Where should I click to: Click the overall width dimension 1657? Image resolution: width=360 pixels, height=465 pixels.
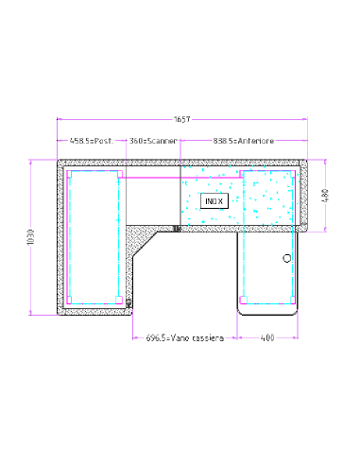[180, 120]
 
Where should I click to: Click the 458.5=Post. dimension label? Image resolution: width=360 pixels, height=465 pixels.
[91, 141]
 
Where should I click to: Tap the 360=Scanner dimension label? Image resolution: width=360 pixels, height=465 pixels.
[153, 141]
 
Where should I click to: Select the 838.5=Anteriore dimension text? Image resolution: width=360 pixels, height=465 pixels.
[243, 141]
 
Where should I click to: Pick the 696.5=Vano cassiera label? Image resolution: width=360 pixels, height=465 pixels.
[185, 336]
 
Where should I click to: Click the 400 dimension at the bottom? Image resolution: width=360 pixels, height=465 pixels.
[267, 336]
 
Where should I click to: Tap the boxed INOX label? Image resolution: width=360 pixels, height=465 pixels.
[213, 199]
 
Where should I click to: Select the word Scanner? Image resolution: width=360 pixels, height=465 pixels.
[162, 141]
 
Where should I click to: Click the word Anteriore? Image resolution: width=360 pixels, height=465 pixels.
[257, 141]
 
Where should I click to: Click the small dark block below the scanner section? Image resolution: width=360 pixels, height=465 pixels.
[177, 228]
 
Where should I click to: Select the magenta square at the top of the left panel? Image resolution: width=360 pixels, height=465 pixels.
[118, 174]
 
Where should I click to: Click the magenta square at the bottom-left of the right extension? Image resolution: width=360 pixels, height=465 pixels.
[243, 299]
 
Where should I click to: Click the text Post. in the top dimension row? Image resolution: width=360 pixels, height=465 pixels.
[103, 141]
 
